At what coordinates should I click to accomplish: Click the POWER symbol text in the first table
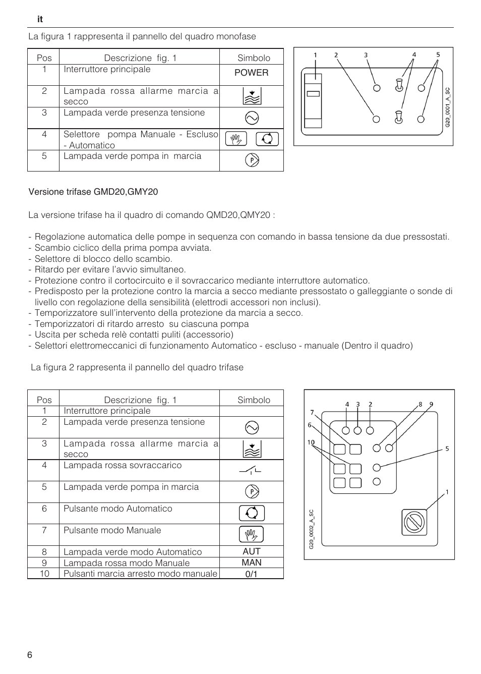(x=251, y=73)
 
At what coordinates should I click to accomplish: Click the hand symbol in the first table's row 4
(x=236, y=139)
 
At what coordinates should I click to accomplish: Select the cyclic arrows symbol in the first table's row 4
(x=267, y=139)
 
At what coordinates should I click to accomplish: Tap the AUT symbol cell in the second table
(x=251, y=551)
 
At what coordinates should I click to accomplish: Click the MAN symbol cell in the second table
(x=251, y=563)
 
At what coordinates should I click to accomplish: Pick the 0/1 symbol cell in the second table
(x=251, y=574)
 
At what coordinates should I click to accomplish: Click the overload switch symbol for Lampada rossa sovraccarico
(x=251, y=470)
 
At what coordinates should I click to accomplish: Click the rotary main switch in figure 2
(x=414, y=522)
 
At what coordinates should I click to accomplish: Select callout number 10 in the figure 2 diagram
(x=311, y=442)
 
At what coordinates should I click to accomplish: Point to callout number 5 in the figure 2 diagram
(x=447, y=448)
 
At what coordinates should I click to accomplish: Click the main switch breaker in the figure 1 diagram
(x=313, y=100)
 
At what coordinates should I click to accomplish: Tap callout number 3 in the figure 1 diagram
(x=366, y=55)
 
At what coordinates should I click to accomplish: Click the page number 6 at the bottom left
(x=30, y=655)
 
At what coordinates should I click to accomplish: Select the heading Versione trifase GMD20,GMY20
(x=93, y=192)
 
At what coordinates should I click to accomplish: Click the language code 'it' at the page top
(x=40, y=19)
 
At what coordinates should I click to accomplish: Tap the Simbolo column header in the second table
(x=254, y=400)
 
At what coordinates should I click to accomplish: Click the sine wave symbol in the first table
(x=251, y=118)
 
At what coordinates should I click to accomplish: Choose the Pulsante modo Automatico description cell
(x=118, y=509)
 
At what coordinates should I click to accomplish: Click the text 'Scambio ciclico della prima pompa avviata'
(x=123, y=248)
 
